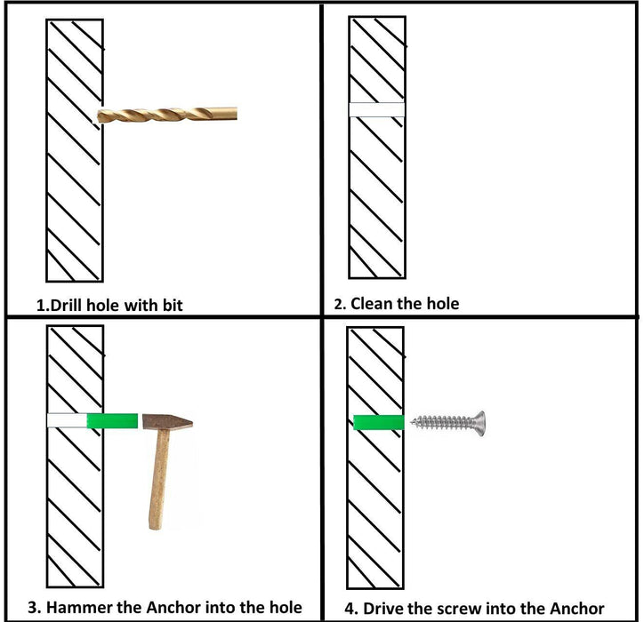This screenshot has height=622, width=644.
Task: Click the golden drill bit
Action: [x=167, y=115]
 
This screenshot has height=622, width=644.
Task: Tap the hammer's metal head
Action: [x=167, y=422]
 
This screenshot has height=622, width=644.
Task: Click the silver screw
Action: [x=448, y=423]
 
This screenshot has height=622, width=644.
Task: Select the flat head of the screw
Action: [x=479, y=424]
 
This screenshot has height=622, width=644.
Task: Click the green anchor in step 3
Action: [x=112, y=421]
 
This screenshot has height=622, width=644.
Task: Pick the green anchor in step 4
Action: [x=379, y=422]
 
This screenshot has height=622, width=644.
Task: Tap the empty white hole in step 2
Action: [x=376, y=109]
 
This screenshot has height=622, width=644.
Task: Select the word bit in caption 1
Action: [x=173, y=306]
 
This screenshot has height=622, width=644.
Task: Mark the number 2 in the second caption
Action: [x=339, y=304]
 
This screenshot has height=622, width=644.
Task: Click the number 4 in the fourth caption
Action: [x=350, y=609]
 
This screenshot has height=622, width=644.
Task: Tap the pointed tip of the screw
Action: [x=413, y=421]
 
